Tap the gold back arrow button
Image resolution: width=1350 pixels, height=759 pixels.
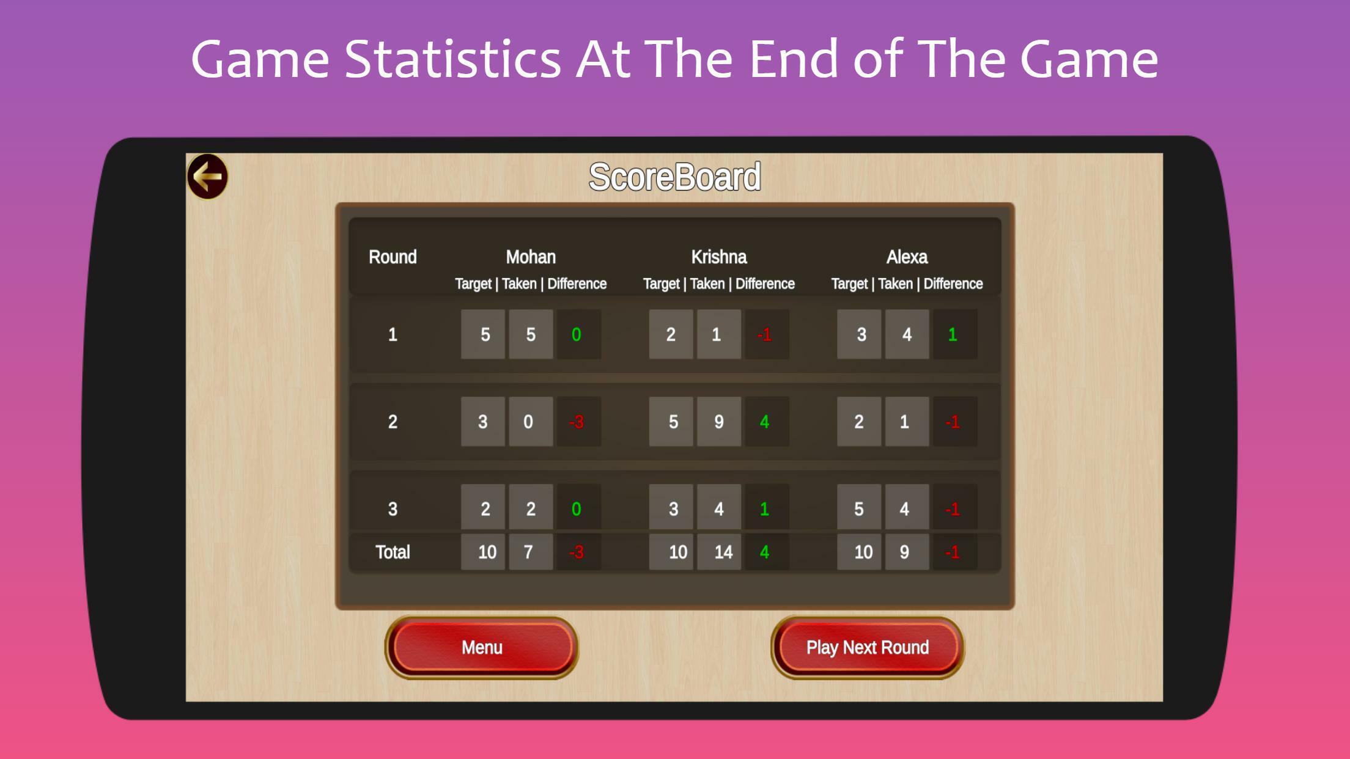point(207,177)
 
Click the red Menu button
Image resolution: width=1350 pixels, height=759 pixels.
point(482,647)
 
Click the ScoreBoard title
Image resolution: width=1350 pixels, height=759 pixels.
point(674,177)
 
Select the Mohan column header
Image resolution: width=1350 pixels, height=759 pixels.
point(531,257)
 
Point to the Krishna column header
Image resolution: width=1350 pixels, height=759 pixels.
point(719,257)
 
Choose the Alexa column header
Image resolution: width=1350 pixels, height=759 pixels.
point(907,257)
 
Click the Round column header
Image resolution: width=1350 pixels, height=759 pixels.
point(393,257)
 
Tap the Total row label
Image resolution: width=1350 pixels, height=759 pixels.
point(393,552)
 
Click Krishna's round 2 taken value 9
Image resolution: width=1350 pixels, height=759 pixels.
point(719,422)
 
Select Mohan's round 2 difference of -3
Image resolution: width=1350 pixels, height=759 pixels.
point(577,422)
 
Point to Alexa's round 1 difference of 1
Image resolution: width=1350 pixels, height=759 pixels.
point(953,334)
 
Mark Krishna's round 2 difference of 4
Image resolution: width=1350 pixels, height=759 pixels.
point(765,422)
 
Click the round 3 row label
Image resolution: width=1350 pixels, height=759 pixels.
point(393,509)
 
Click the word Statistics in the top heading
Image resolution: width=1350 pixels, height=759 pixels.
point(452,59)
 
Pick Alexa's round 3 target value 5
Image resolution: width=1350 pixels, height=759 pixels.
point(859,509)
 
